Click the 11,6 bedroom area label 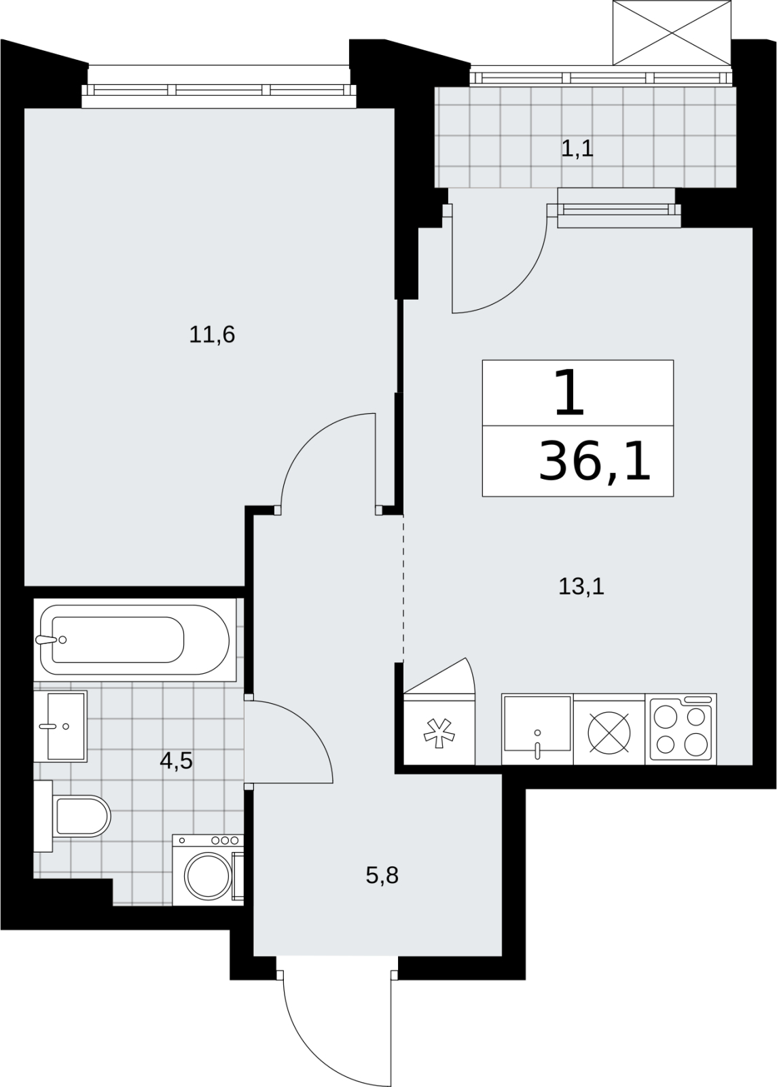coord(212,335)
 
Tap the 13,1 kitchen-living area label coord(581,587)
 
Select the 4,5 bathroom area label coord(176,762)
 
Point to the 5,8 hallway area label coord(382,876)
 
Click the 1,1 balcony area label coord(577,149)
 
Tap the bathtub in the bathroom coord(134,639)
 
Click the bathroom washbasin coord(60,726)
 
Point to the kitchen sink coord(537,730)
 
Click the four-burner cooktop coord(681,730)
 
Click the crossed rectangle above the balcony coord(672,33)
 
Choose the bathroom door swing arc coord(309,730)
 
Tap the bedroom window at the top coord(219,90)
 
